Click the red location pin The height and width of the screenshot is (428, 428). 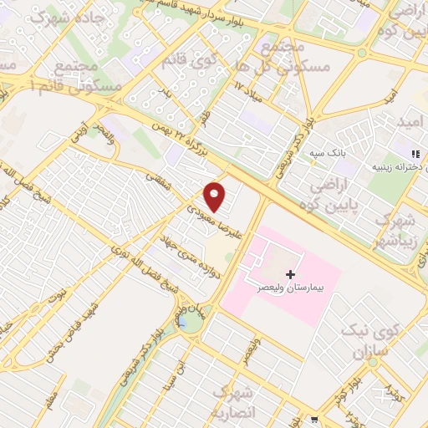click(216, 197)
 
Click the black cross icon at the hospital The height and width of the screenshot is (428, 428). click(290, 273)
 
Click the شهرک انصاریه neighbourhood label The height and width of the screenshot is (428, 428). click(233, 400)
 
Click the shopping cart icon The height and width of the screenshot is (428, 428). click(313, 420)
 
